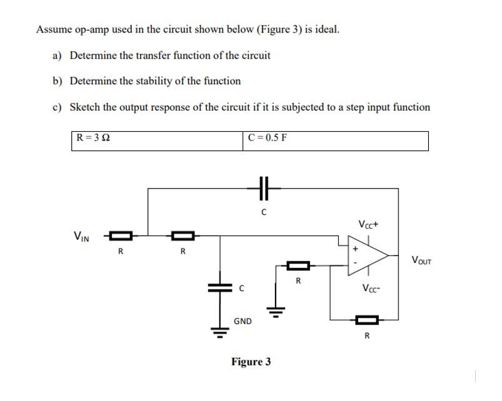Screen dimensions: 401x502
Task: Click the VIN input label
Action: coord(81,236)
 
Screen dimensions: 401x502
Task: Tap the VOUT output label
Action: coord(421,260)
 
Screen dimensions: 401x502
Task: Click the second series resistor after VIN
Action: coord(183,236)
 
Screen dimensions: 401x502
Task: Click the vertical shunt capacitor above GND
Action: coord(219,287)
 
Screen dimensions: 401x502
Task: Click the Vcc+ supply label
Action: coord(368,224)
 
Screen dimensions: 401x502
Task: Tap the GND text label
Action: coord(243,321)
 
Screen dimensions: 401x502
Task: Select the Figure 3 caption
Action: coord(251,362)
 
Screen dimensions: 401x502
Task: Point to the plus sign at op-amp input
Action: coord(356,248)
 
